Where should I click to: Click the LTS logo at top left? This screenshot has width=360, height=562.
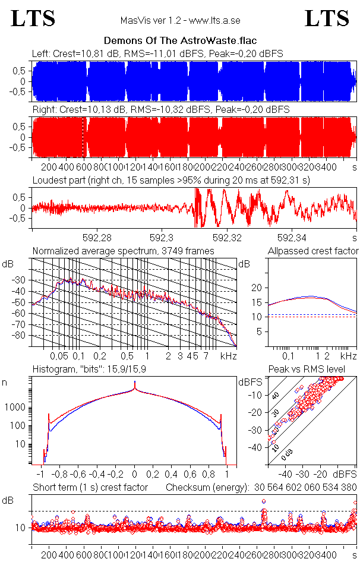33,18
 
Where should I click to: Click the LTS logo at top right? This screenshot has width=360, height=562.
327,18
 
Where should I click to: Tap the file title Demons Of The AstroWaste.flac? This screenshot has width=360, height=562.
179,41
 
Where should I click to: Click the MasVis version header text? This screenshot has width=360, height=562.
180,20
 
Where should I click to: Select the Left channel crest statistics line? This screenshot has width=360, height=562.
157,53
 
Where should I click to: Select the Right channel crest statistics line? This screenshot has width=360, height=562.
160,110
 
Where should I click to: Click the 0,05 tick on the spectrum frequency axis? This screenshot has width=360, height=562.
58,356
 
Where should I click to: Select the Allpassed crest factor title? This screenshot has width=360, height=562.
313,251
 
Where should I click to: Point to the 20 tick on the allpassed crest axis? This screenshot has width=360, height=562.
257,288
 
